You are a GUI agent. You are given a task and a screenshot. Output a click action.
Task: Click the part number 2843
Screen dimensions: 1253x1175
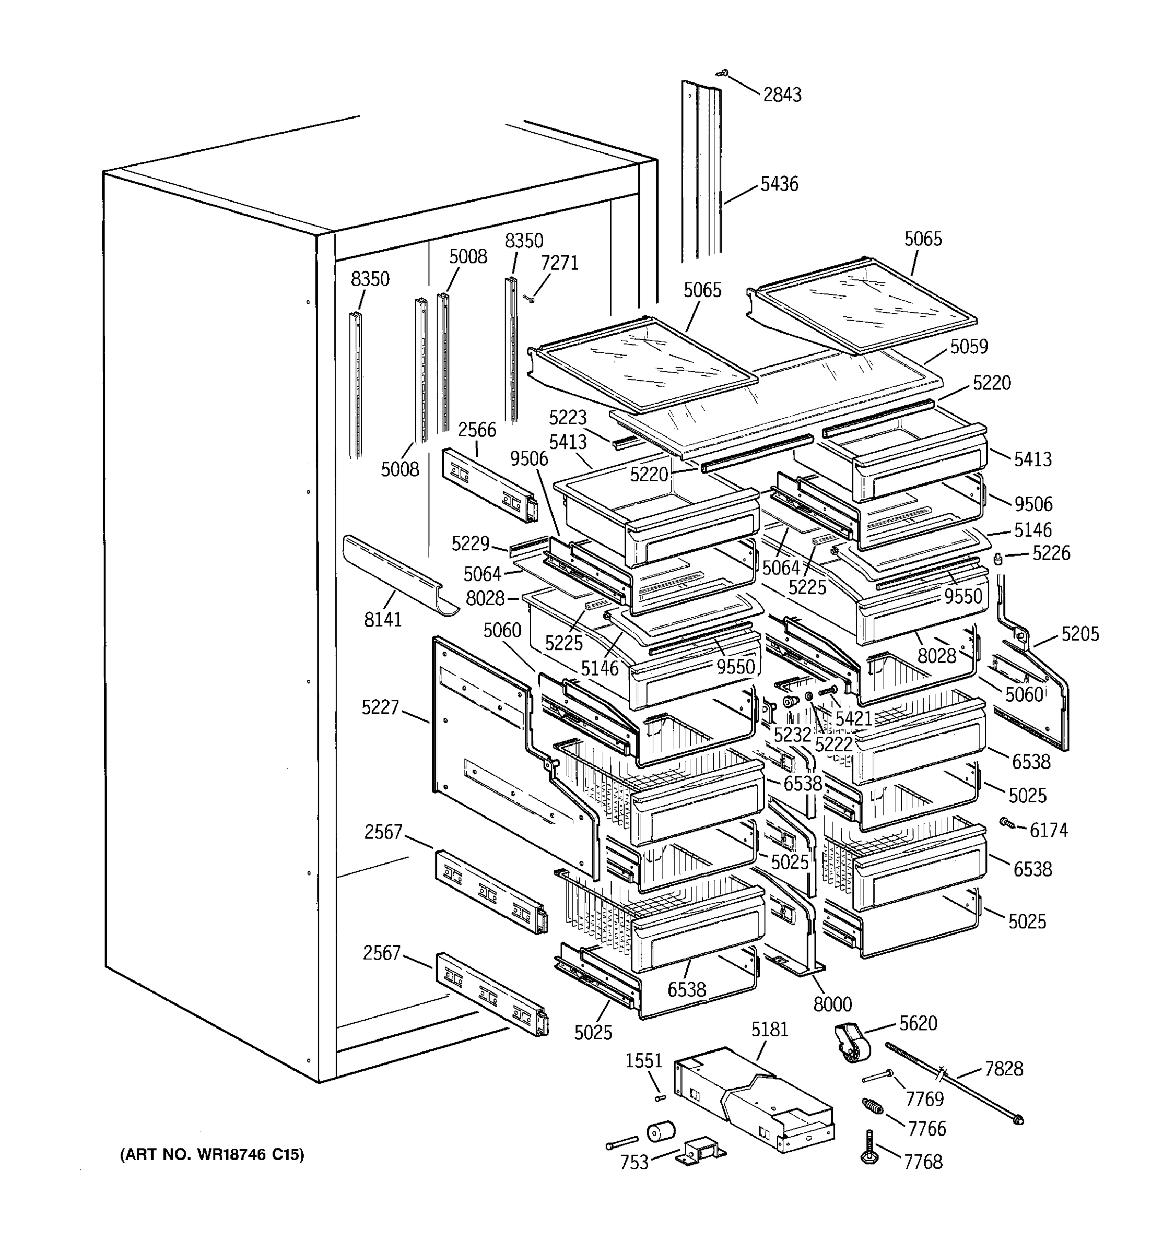(x=782, y=94)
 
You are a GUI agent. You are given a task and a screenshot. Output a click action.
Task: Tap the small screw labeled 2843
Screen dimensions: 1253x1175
(x=724, y=74)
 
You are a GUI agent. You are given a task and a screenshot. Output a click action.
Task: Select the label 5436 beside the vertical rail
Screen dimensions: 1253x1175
(x=779, y=184)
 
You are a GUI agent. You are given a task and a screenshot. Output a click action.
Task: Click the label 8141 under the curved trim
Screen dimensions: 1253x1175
(x=383, y=620)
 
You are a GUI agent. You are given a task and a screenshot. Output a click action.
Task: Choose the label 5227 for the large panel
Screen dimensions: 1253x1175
(x=380, y=707)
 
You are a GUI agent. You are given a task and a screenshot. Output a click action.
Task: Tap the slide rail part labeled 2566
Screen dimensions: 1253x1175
(x=490, y=484)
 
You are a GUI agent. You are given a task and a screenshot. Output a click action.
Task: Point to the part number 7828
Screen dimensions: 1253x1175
(x=1004, y=1069)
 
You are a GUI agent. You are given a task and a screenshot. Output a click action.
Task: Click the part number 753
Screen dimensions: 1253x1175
(x=634, y=1162)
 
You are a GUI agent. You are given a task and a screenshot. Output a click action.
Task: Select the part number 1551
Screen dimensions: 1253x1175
(x=643, y=1061)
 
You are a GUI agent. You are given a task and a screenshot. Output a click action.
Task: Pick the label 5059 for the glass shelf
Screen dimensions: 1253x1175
(x=969, y=347)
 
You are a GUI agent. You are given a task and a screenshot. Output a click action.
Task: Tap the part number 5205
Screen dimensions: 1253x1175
(x=1080, y=634)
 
